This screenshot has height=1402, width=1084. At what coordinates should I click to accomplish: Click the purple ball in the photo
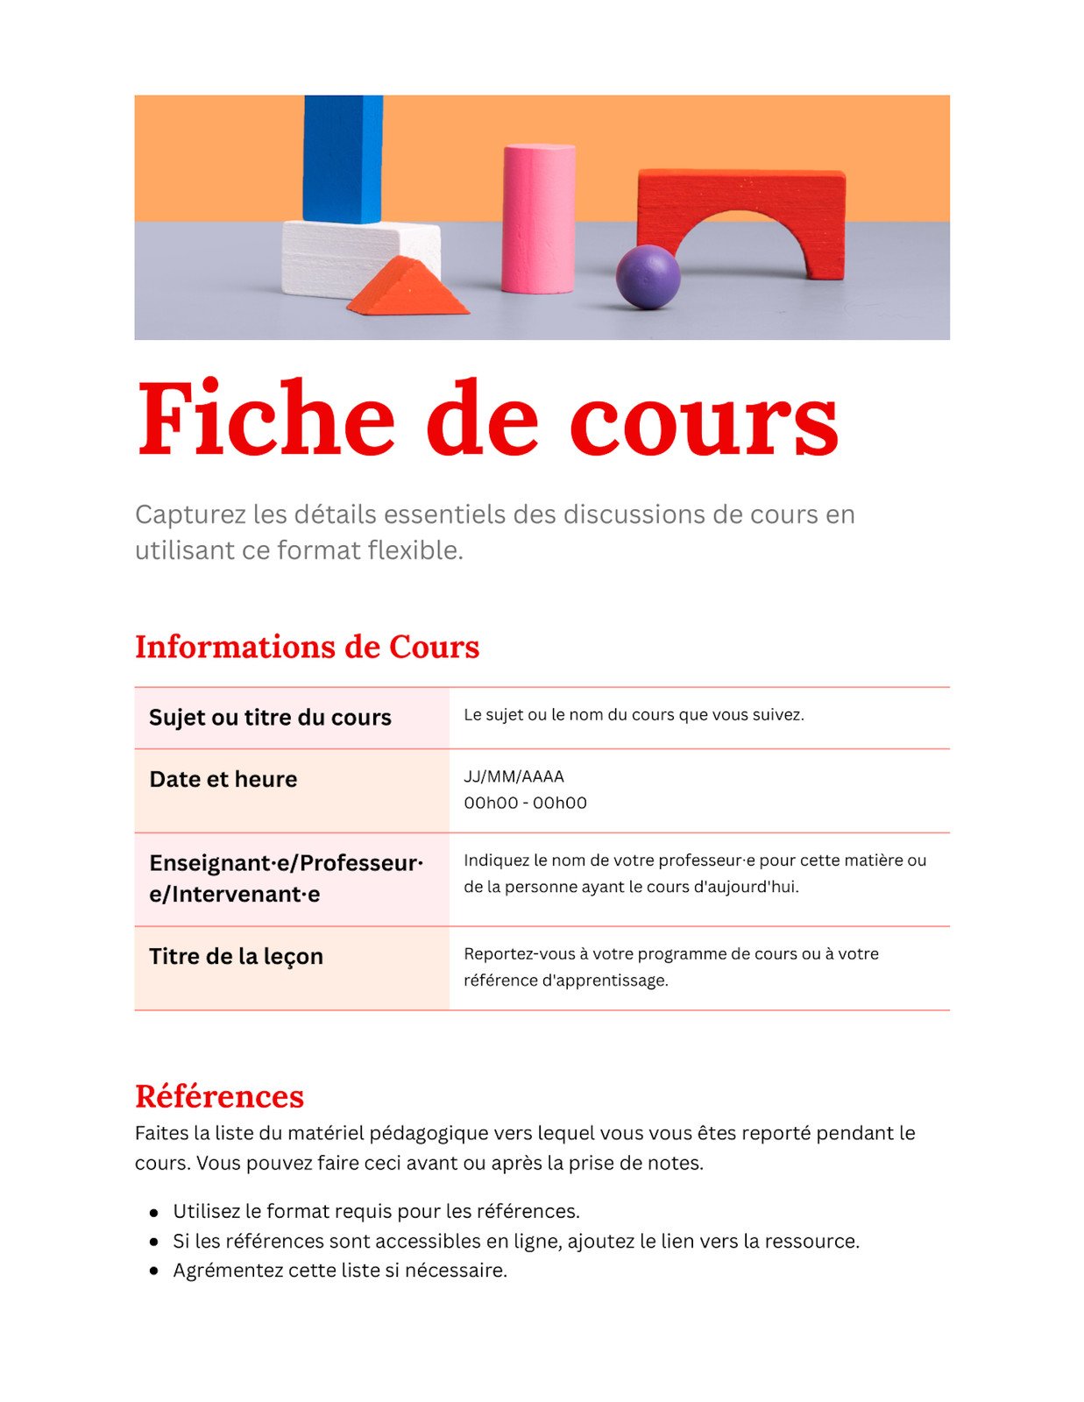(648, 277)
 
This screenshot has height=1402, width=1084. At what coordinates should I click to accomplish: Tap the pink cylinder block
(538, 219)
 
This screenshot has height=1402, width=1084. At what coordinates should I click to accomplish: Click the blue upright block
(343, 158)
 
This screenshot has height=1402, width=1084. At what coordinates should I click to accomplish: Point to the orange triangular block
(408, 289)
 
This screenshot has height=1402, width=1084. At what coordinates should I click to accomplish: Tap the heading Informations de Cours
(307, 647)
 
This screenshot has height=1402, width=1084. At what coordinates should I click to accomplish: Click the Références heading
(219, 1096)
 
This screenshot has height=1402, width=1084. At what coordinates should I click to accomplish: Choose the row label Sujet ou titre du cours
(270, 718)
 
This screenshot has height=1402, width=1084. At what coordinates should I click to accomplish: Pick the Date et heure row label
(223, 779)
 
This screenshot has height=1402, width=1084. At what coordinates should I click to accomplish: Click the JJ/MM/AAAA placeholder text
(514, 776)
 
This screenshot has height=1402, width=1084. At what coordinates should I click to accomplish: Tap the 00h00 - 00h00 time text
(525, 803)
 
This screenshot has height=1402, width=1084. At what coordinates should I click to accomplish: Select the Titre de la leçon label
(236, 956)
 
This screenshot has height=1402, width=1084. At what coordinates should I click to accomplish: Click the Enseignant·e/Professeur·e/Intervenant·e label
(286, 878)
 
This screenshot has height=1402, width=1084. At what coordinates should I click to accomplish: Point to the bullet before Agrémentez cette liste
(154, 1271)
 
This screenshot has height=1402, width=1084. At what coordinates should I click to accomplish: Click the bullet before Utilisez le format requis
(154, 1213)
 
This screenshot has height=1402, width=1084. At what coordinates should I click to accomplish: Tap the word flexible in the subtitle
(414, 550)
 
